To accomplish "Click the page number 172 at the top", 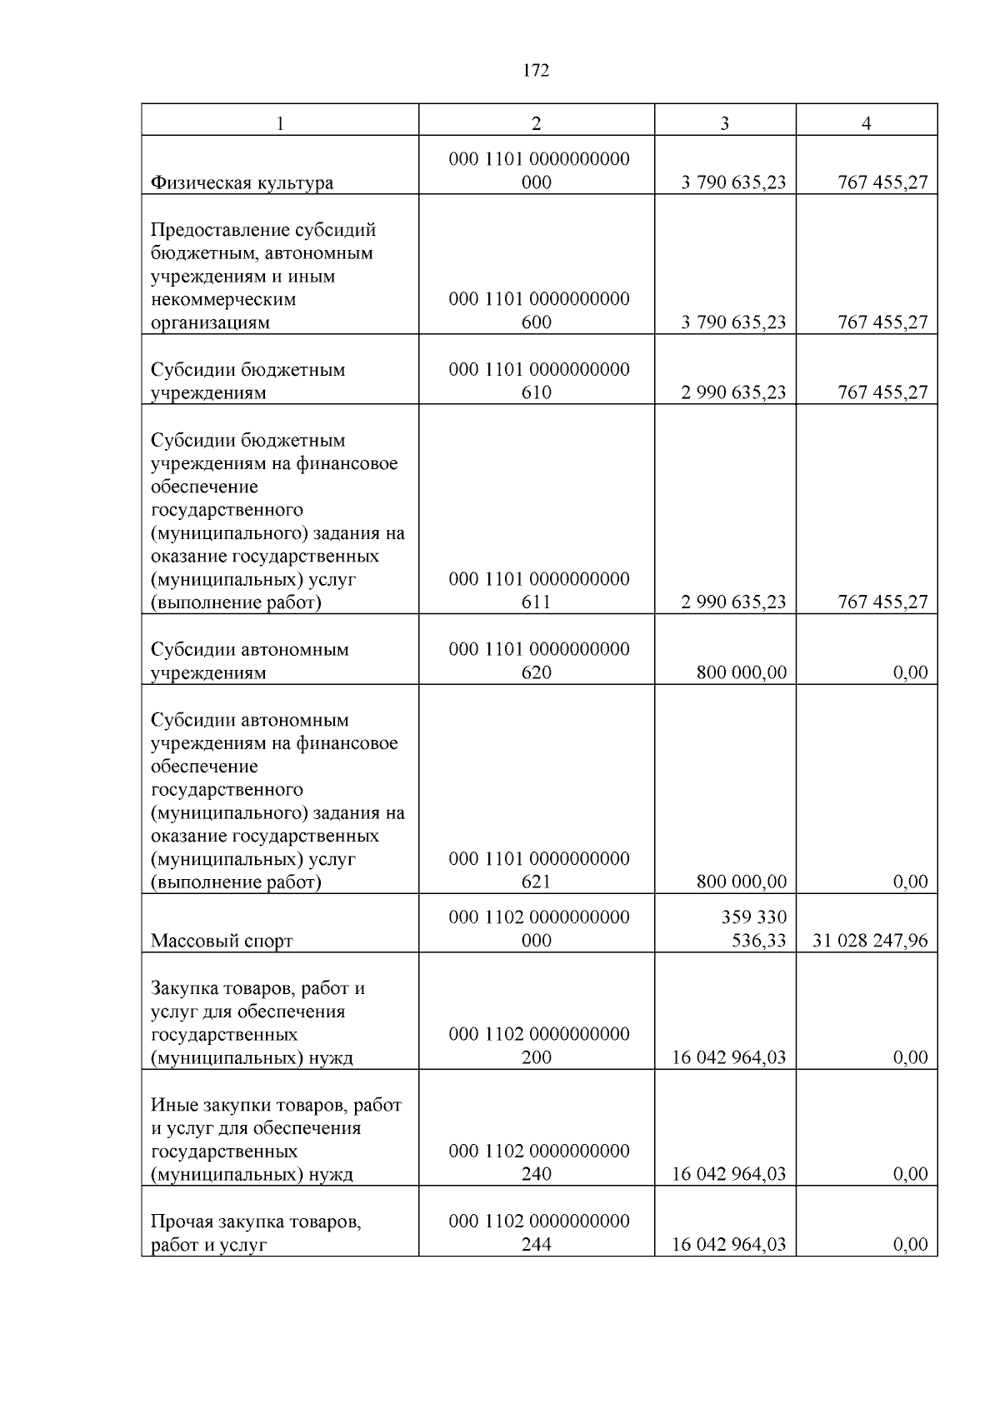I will (536, 71).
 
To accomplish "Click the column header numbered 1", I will (280, 123).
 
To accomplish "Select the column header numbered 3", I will (724, 123).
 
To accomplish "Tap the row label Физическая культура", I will (242, 183).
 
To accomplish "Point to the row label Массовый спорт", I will (222, 942).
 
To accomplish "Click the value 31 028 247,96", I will (869, 941).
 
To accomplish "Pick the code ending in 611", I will (538, 591).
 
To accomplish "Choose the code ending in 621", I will (538, 871).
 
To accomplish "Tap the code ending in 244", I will (538, 1233).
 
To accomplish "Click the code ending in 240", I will (538, 1163).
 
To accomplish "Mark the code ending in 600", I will (538, 311).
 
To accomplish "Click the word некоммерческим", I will (223, 299).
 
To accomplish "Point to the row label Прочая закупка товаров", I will (255, 1222).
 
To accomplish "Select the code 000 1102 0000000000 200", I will (538, 1046).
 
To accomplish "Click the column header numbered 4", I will (867, 123).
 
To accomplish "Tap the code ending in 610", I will (538, 381).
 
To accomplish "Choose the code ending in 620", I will (538, 661).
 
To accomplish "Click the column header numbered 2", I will (536, 123).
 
